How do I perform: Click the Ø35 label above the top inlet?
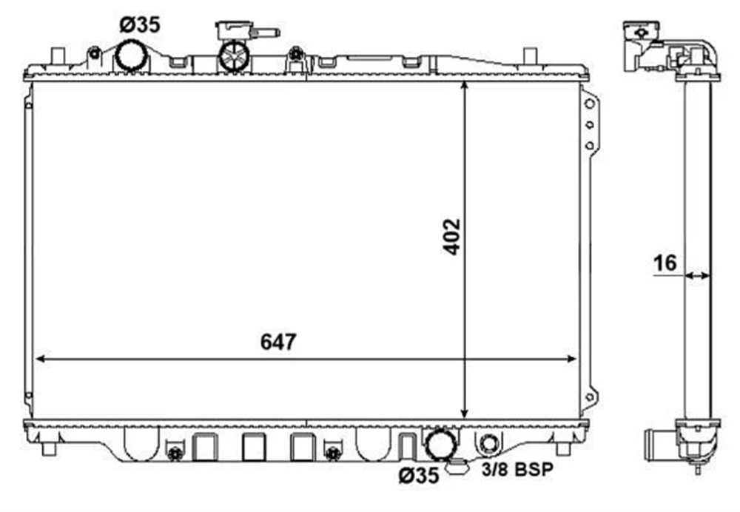pos(140,25)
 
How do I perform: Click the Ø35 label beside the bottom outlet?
pos(418,475)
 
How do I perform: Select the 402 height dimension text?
pos(451,237)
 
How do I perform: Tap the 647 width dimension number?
pos(279,343)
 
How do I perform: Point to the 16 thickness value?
pos(665,263)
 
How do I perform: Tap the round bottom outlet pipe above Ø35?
pos(440,445)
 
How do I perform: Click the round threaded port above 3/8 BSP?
pos(489,444)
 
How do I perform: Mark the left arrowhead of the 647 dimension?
pos(40,359)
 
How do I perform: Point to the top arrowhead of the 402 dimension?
pos(465,87)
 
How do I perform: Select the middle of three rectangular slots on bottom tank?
pos(253,446)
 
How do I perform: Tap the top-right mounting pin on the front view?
pos(530,56)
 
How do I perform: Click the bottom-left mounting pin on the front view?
pos(49,448)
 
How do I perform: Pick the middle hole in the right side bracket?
pos(590,125)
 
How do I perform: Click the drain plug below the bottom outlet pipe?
pos(457,466)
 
